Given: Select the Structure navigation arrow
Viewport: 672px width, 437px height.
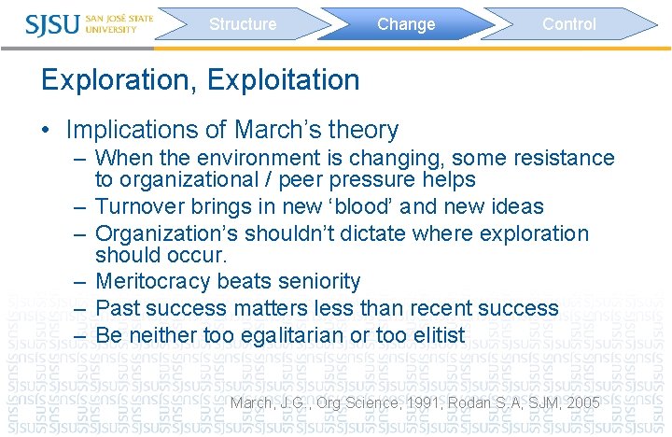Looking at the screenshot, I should pos(243,24).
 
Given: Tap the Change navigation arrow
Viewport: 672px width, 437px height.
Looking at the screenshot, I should pos(406,24).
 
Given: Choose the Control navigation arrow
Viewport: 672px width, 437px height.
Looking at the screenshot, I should pos(568,24).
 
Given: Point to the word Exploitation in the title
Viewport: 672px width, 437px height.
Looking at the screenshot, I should pos(284,80).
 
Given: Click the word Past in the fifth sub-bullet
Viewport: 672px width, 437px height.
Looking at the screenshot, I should pos(117,308).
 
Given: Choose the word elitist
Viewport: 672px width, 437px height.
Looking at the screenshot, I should pos(432,335).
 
